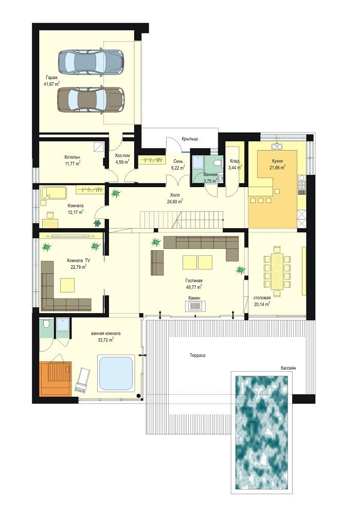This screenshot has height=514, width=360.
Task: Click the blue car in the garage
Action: pos(91,61)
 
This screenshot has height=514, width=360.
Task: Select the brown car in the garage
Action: pos(91,99)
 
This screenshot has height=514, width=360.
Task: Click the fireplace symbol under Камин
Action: pos(195,306)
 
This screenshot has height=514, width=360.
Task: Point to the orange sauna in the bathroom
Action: pos(56,378)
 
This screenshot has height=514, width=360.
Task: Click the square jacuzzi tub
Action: pos(116,373)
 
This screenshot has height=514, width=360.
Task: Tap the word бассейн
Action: pos(288,368)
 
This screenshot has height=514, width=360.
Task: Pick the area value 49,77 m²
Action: pos(193,287)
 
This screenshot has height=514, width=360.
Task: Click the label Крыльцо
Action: pos(190,139)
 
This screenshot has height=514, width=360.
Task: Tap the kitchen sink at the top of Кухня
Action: pos(277,146)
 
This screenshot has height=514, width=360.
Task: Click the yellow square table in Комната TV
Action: pos(67,285)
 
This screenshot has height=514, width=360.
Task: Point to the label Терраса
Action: pos(197,355)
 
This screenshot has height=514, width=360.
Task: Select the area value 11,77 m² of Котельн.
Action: pos(73,163)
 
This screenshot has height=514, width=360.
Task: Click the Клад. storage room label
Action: pos(235,161)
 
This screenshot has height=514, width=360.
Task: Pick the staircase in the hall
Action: pos(182,221)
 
